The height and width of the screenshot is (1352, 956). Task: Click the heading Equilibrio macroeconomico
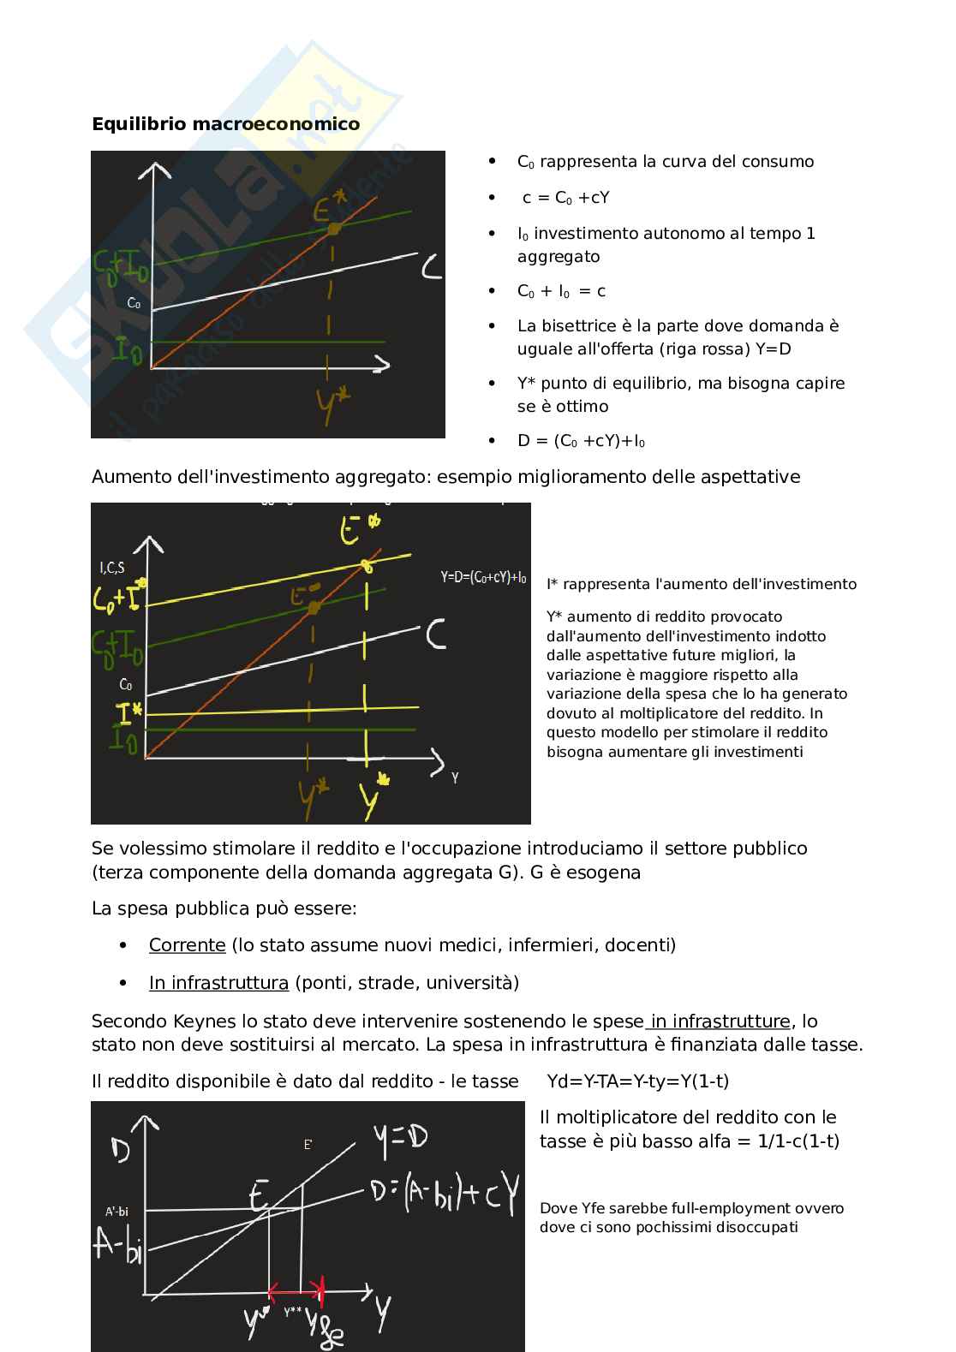225,124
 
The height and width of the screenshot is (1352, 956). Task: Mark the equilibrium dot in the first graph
335,228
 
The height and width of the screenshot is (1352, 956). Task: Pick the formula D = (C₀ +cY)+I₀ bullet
581,441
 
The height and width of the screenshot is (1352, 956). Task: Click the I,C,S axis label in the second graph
111,567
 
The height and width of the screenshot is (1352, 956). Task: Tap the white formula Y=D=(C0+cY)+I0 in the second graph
483,577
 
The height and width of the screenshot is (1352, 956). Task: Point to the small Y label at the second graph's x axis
454,779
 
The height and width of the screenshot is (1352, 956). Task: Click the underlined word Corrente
187,945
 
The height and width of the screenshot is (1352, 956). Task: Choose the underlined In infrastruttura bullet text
218,983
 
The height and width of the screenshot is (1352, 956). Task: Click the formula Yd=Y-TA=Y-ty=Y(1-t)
637,1081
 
